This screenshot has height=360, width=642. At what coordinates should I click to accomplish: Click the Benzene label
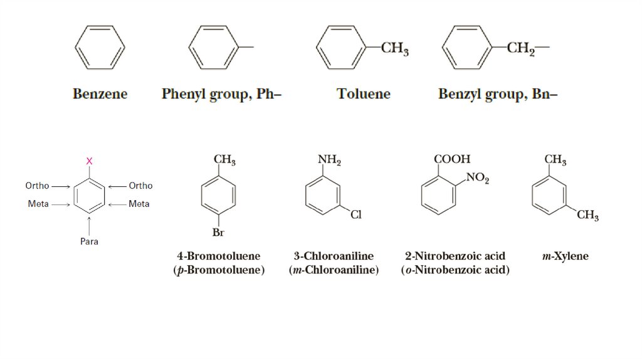click(100, 94)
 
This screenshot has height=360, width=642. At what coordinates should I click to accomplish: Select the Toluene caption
click(363, 94)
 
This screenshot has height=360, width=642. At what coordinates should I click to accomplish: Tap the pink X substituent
click(89, 161)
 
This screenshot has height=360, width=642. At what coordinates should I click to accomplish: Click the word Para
click(89, 241)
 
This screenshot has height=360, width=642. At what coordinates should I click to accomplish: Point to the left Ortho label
click(37, 186)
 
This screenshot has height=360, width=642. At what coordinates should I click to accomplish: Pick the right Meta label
click(139, 204)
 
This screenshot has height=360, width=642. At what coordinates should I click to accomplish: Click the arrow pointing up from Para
click(89, 224)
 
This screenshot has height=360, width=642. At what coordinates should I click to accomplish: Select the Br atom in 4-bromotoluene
click(218, 233)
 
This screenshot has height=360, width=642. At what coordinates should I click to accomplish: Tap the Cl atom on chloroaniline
click(356, 215)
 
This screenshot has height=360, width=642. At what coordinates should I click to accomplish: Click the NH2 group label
click(329, 161)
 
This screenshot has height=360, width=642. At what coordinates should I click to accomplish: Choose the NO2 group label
click(478, 179)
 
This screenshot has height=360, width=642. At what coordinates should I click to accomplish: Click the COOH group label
click(452, 160)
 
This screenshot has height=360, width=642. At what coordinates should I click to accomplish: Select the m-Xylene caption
click(565, 257)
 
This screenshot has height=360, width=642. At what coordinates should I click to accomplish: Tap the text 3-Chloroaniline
click(334, 257)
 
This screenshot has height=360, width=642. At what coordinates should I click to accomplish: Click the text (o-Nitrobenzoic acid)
click(455, 270)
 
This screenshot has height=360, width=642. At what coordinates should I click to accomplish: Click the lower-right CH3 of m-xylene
click(587, 216)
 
